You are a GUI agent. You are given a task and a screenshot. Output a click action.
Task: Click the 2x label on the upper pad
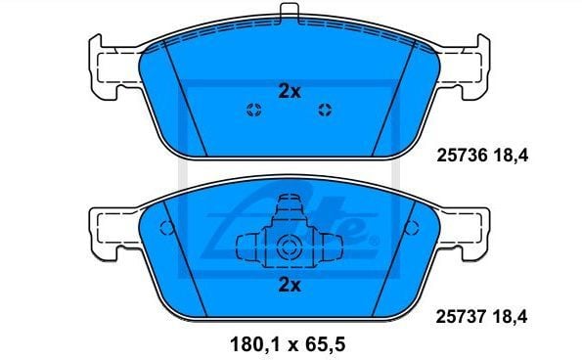click(x=289, y=90)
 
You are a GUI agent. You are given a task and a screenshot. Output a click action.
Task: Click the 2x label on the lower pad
click(x=289, y=285)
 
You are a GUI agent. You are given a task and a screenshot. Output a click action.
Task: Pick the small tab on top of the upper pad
click(x=289, y=13)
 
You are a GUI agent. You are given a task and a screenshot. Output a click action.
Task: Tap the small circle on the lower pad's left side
click(x=166, y=231)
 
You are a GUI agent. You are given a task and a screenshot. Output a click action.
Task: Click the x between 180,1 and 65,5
click(x=291, y=344)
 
